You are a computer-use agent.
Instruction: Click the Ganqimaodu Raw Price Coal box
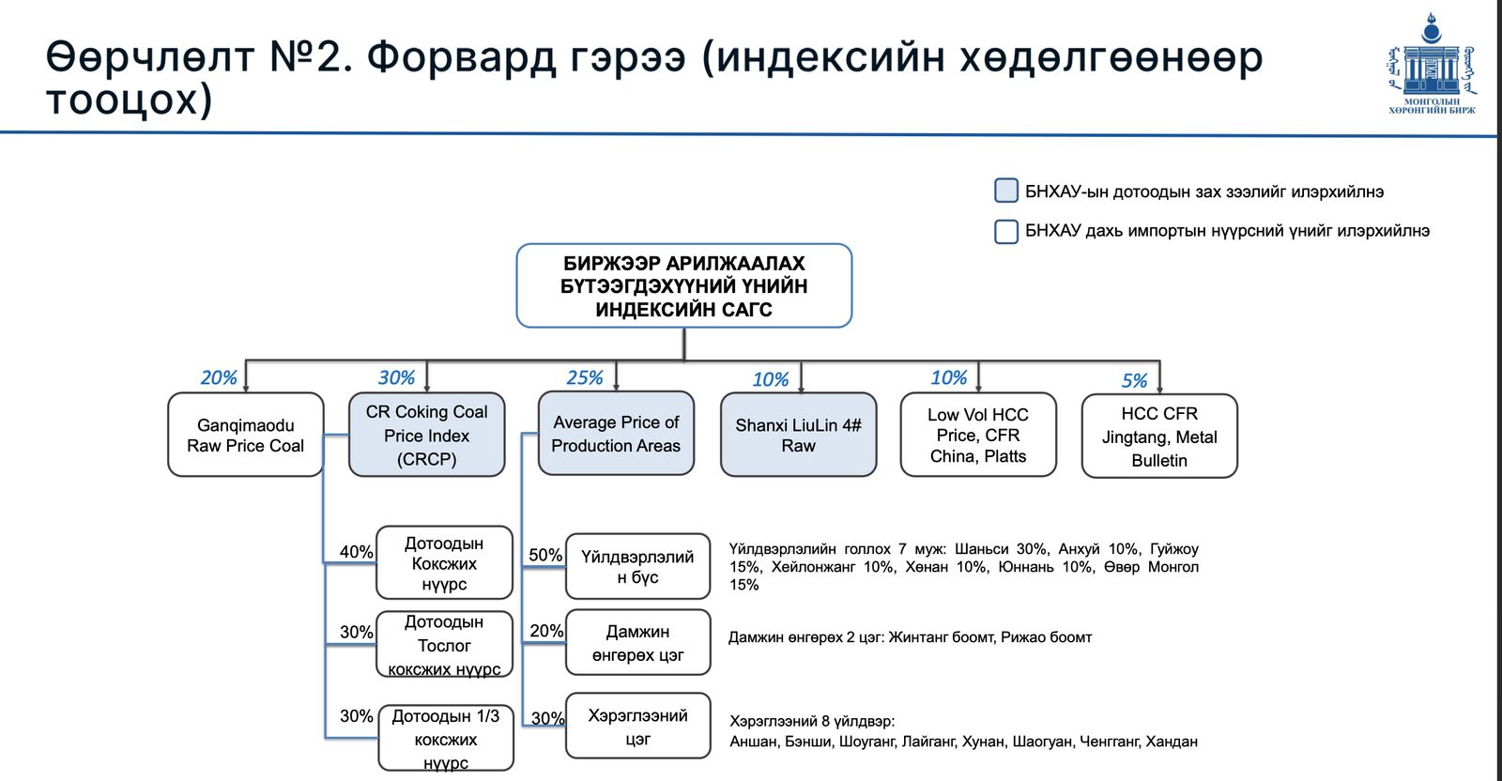(x=246, y=435)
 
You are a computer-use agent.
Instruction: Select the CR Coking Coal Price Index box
(x=426, y=435)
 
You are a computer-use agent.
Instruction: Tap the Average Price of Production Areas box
(x=616, y=434)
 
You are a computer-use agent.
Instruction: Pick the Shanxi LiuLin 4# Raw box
(x=798, y=435)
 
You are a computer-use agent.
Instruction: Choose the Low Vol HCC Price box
(x=978, y=435)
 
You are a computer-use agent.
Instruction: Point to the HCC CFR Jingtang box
(x=1159, y=436)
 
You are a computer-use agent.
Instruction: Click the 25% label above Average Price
(x=584, y=377)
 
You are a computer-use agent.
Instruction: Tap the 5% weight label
(x=1134, y=380)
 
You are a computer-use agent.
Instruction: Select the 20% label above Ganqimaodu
(x=219, y=377)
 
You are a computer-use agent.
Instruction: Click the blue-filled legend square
(x=1006, y=191)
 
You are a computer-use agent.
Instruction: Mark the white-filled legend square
(x=1006, y=231)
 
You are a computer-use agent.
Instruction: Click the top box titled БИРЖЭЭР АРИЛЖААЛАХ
(x=683, y=285)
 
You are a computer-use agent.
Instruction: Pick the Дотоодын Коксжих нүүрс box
(x=444, y=562)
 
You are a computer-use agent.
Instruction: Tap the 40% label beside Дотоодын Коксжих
(x=356, y=552)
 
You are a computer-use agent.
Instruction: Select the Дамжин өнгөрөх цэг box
(x=637, y=642)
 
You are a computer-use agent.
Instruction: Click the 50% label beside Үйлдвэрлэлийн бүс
(x=545, y=555)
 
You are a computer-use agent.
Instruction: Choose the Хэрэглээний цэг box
(x=637, y=726)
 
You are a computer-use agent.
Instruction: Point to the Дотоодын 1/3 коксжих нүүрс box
(x=446, y=738)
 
